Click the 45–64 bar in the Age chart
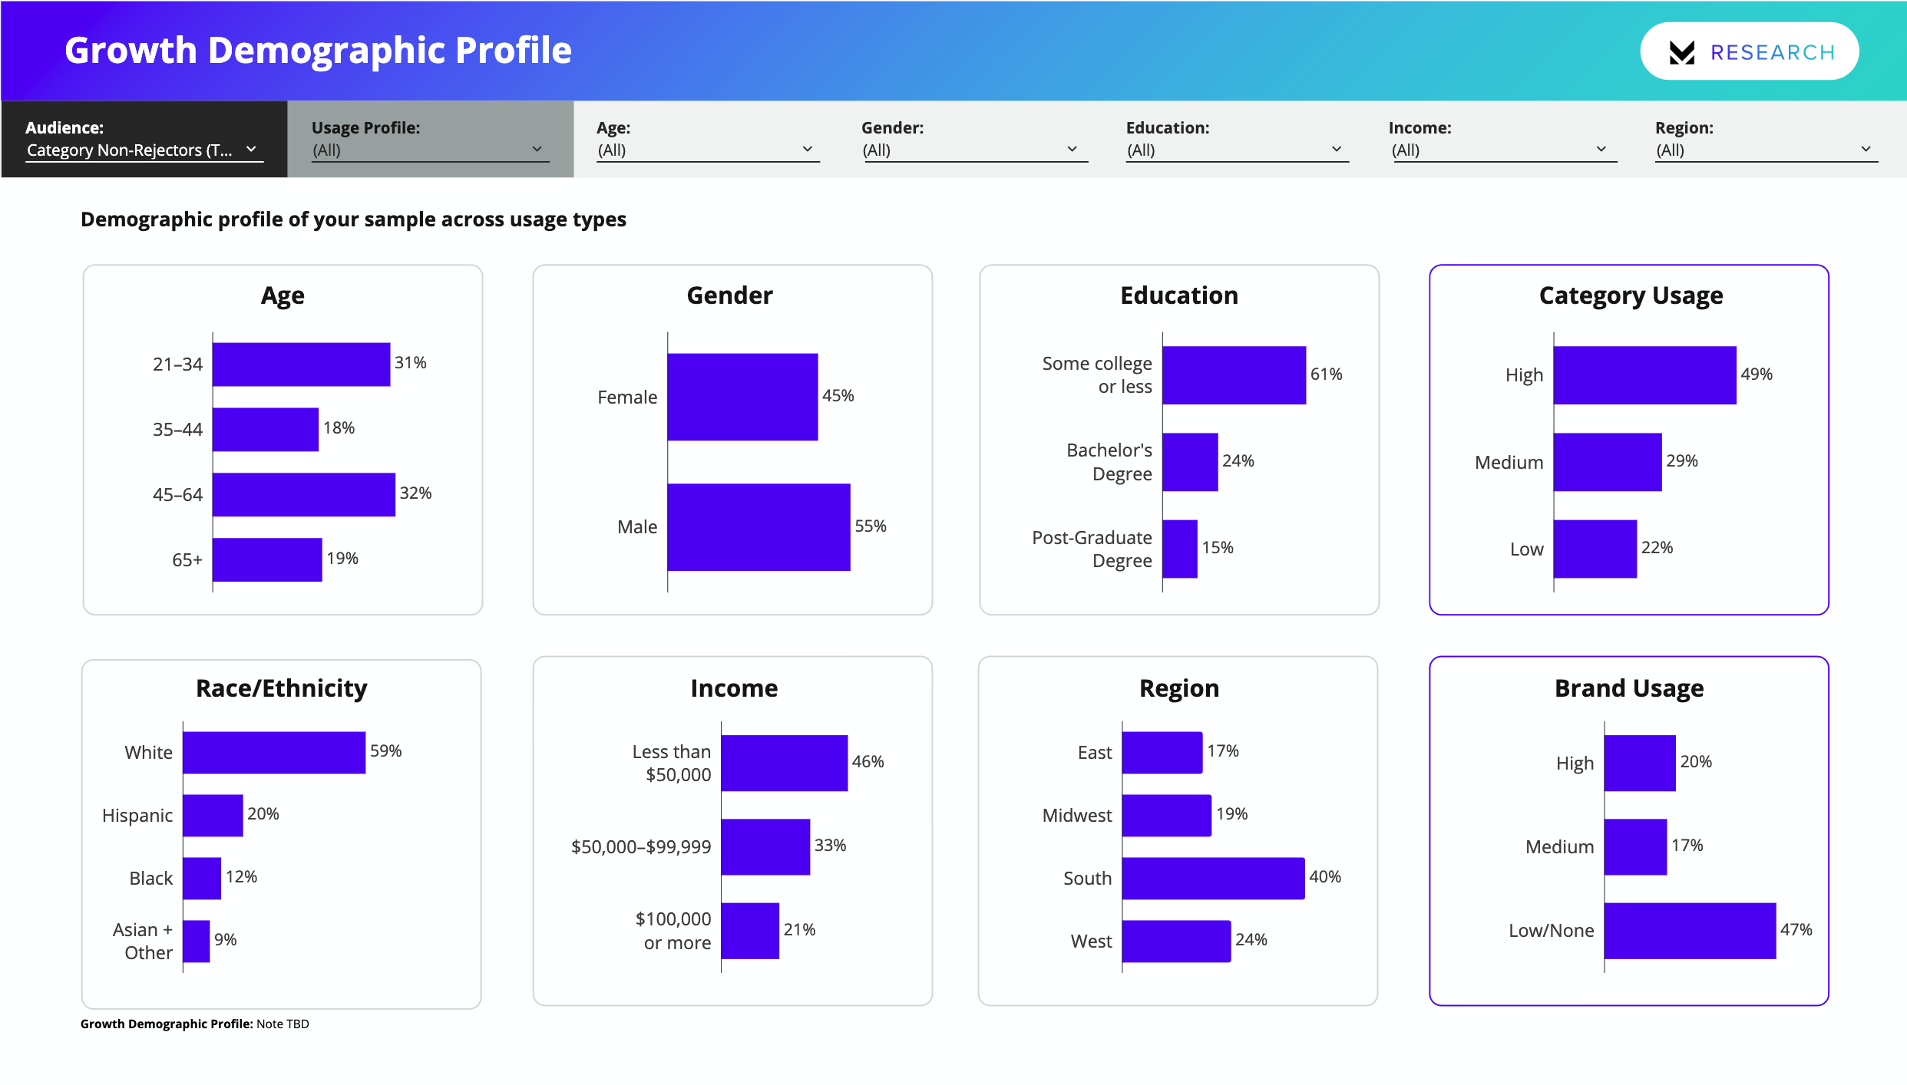tap(303, 495)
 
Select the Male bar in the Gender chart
tap(759, 527)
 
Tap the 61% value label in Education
tap(1326, 374)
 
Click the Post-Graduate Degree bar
tap(1180, 549)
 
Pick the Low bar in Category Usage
tap(1595, 549)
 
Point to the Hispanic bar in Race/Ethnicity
tap(213, 816)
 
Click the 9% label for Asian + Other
tap(225, 940)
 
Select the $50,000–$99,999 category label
tap(641, 847)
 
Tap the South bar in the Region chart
tap(1213, 879)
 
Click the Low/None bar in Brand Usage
tap(1689, 931)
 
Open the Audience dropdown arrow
tap(251, 150)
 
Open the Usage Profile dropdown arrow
tap(537, 150)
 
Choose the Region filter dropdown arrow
tap(1866, 150)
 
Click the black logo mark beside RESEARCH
tap(1681, 52)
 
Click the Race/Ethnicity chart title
tap(282, 688)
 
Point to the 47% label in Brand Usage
tap(1796, 930)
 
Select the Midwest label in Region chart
tap(1076, 816)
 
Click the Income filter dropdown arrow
tap(1601, 150)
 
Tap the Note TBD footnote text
tap(283, 1024)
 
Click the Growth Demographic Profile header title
tap(318, 51)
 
